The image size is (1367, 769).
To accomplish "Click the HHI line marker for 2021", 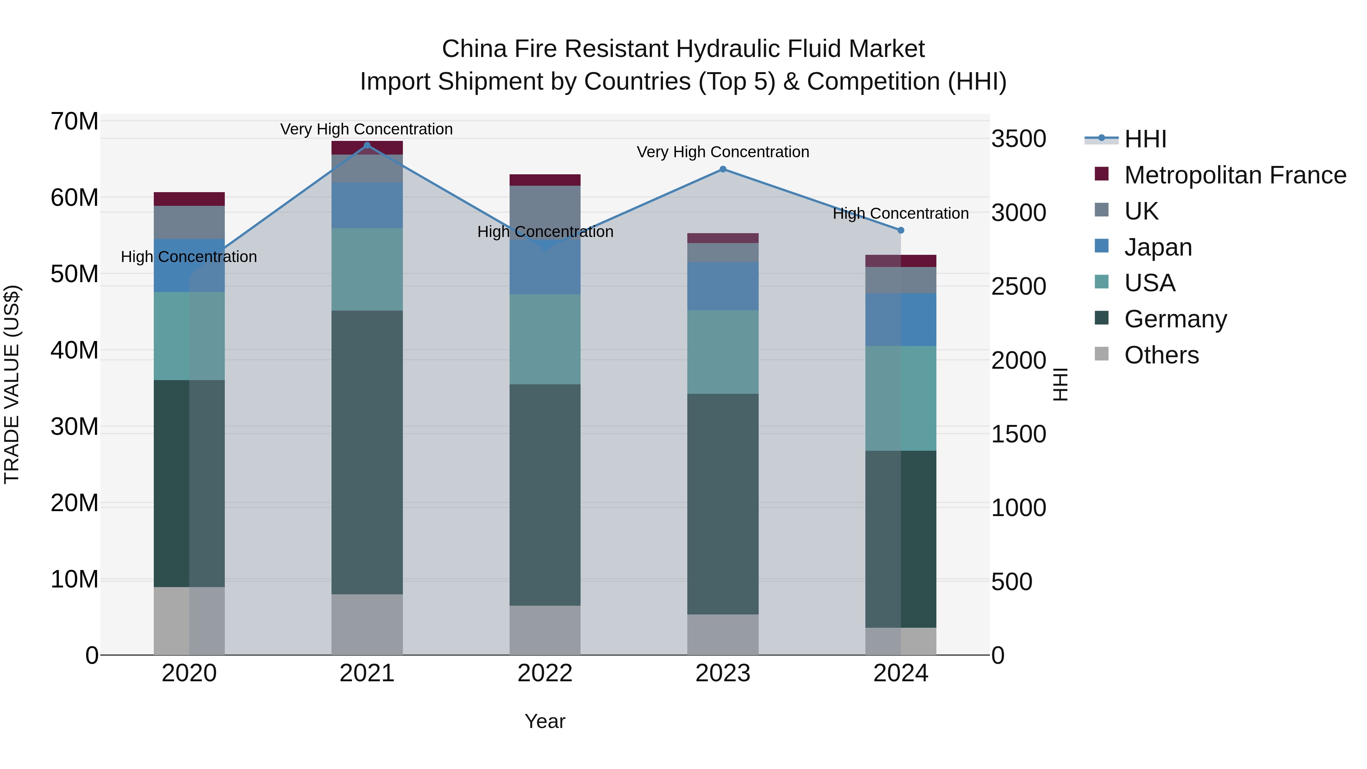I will point(367,145).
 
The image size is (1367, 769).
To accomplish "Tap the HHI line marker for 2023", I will point(723,169).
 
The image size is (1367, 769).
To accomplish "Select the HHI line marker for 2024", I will point(901,231).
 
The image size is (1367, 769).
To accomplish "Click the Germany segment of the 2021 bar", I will point(367,452).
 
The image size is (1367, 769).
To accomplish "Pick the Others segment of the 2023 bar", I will point(723,634).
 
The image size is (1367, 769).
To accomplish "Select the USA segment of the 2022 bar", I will point(545,339).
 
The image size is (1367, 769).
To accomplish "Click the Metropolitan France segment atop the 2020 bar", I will point(189,199).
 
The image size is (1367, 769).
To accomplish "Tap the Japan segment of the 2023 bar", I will point(723,286).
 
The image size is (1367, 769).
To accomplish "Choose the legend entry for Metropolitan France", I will point(1235,175).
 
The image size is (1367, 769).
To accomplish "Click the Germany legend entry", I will point(1175,319).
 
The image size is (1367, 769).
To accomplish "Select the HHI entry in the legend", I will point(1145,139).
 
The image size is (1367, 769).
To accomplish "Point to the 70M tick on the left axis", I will point(74,122).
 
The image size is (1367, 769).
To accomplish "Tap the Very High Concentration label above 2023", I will point(723,152).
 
